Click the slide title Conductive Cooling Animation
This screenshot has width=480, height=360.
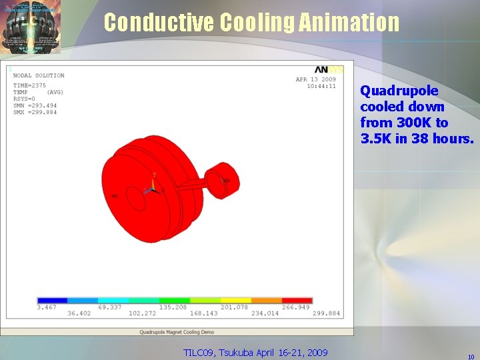click(251, 23)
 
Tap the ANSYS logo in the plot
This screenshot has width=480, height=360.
click(329, 70)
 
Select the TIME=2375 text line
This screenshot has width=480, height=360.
click(30, 85)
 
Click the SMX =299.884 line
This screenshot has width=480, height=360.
click(35, 112)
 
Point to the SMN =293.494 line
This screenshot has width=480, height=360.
click(35, 105)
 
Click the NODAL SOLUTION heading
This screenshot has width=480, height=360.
click(39, 75)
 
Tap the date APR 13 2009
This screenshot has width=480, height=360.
click(315, 79)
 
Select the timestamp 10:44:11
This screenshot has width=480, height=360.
click(321, 86)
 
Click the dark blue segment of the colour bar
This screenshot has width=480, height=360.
click(52, 301)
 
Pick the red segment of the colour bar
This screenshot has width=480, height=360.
click(297, 301)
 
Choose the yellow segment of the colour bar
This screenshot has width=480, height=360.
click(235, 301)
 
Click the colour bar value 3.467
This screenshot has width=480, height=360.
click(47, 307)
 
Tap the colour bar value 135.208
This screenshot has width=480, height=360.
click(173, 307)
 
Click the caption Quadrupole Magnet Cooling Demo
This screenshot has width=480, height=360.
click(177, 331)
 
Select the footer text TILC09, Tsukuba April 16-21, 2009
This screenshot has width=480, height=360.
click(255, 352)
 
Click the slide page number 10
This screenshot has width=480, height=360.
click(471, 357)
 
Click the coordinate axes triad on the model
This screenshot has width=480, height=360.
click(153, 187)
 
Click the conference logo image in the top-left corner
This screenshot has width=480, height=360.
click(31, 27)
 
